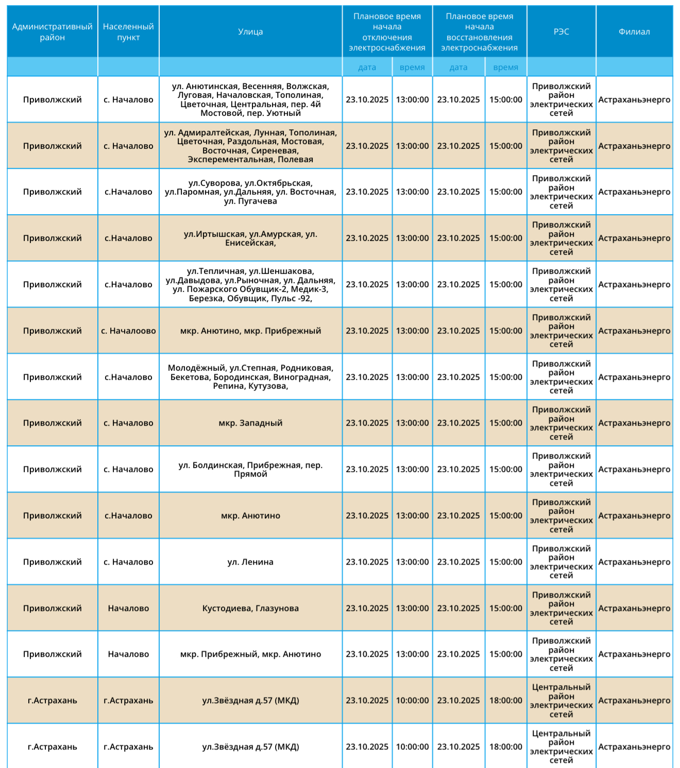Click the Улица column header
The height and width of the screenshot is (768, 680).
click(x=250, y=31)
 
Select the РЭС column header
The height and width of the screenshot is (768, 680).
click(x=561, y=31)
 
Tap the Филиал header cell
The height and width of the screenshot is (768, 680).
click(x=634, y=31)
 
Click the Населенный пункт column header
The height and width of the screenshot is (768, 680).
click(x=128, y=31)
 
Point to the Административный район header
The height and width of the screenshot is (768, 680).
click(x=52, y=31)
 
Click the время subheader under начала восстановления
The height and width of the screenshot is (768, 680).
click(x=505, y=67)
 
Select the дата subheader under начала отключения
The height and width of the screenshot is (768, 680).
click(x=367, y=67)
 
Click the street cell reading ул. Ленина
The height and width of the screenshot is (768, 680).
click(x=250, y=562)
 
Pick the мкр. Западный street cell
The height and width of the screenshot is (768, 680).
click(x=250, y=423)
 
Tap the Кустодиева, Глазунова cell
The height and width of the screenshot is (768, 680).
click(x=250, y=608)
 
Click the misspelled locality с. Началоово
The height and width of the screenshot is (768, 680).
click(x=128, y=330)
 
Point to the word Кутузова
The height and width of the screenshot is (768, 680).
click(x=268, y=386)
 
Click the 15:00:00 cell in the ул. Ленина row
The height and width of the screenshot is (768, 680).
click(x=505, y=562)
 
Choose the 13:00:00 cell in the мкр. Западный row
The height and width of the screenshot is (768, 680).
click(x=412, y=423)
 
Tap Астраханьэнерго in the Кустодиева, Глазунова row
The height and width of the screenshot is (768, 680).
click(x=634, y=608)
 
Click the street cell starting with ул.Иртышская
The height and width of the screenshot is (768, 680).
click(x=250, y=238)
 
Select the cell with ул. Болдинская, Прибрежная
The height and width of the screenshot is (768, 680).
click(x=250, y=469)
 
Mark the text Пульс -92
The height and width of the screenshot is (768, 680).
click(x=291, y=299)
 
